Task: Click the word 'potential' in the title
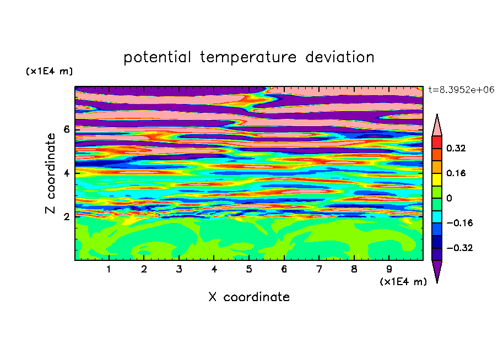[157, 57]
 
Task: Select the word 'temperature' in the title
[248, 57]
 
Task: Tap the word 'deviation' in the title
[339, 57]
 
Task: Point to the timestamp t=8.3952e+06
[461, 90]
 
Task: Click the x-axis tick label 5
[249, 269]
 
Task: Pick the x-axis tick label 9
[389, 269]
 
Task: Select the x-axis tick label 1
[109, 269]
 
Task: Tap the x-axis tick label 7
[319, 269]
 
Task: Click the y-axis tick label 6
[67, 129]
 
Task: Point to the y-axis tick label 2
[67, 217]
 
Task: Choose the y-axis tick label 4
[67, 173]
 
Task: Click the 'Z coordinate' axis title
[51, 173]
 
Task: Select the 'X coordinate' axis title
[249, 297]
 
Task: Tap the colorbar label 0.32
[456, 148]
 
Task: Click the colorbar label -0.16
[459, 223]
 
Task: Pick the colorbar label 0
[449, 198]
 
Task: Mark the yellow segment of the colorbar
[437, 179]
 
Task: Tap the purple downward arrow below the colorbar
[437, 270]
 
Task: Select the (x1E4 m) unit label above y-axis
[49, 71]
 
